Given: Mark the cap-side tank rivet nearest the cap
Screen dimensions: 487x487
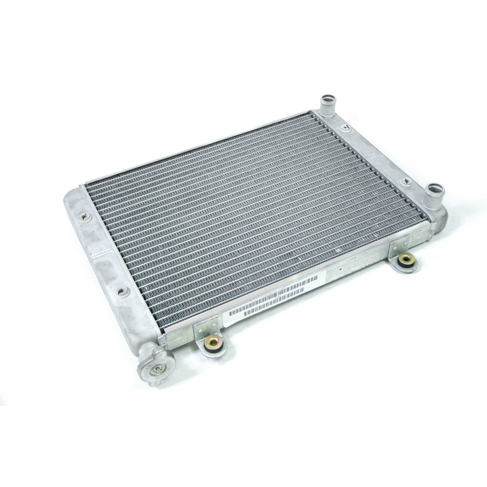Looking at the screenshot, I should tap(124, 292).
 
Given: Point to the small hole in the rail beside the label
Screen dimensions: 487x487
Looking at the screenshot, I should tap(340, 269).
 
